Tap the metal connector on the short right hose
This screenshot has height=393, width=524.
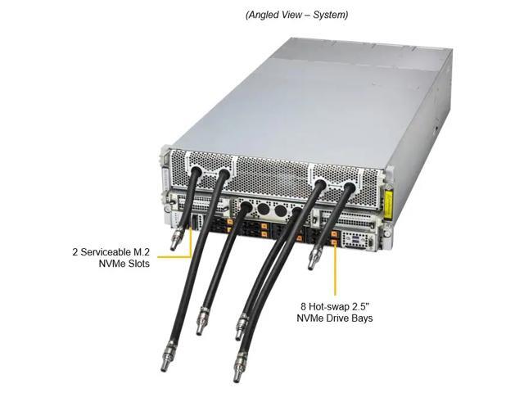point(310,259)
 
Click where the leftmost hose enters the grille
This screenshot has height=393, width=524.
point(196,173)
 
